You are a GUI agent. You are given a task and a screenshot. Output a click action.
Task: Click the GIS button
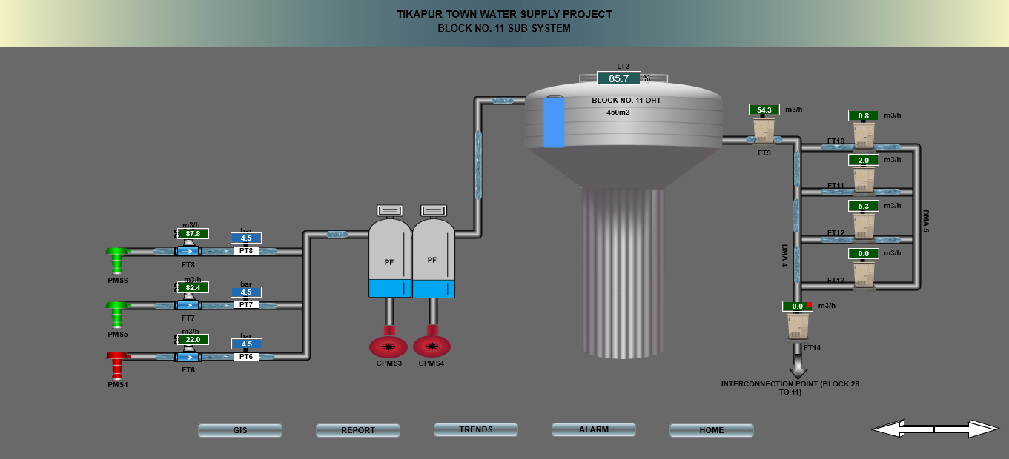click(239, 430)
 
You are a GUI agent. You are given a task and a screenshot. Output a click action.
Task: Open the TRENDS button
click(475, 429)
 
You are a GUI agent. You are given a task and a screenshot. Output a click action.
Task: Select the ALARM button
click(593, 429)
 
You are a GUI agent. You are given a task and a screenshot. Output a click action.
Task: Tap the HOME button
click(711, 430)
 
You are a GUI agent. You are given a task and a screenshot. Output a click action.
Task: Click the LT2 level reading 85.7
click(618, 78)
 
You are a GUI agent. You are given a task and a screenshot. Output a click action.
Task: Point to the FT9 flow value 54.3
click(764, 110)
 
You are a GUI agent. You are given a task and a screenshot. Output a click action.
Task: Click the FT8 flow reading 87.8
click(193, 233)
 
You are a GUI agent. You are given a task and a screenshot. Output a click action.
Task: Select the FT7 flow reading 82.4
click(193, 287)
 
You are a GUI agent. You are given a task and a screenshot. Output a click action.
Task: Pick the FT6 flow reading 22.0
click(193, 339)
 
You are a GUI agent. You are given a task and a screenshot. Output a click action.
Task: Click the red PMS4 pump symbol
click(117, 363)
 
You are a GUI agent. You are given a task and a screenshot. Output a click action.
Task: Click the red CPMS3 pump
click(388, 346)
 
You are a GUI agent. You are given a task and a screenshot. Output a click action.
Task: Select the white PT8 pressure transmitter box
click(246, 251)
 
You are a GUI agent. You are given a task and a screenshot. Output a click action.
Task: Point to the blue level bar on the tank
click(554, 121)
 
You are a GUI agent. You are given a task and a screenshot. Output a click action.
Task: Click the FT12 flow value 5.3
click(862, 206)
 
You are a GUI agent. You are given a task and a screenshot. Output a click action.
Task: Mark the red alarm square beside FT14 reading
click(810, 305)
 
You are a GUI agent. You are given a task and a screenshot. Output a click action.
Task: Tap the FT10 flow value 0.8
click(863, 115)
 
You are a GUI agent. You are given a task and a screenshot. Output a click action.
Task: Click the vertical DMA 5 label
click(926, 222)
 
